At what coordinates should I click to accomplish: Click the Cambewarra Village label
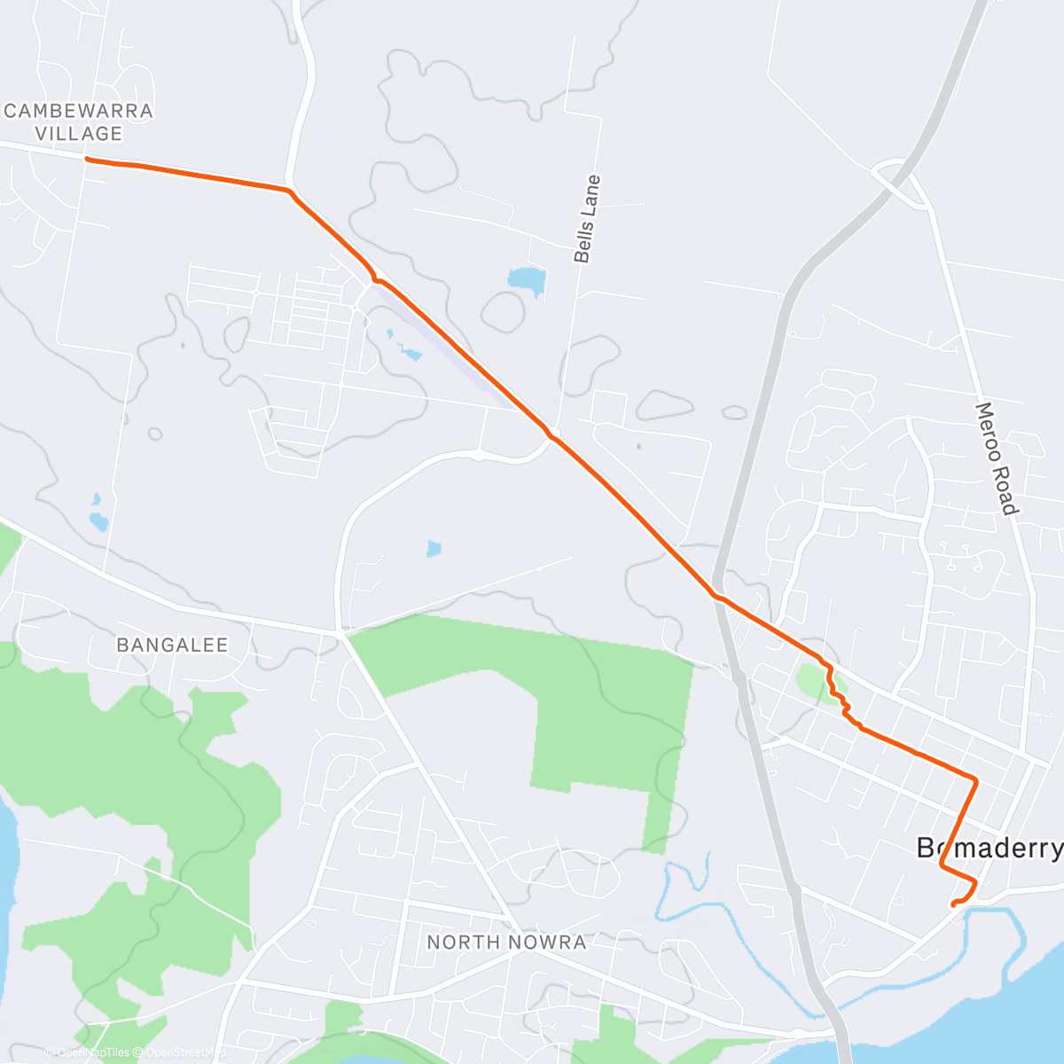point(79,122)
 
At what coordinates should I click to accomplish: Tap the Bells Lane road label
point(587,219)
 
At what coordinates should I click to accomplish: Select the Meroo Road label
point(996,458)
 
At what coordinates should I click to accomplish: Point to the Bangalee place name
point(172,645)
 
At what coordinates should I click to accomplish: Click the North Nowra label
point(506,942)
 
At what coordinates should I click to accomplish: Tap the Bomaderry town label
point(989,849)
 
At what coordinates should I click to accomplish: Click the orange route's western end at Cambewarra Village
point(86,160)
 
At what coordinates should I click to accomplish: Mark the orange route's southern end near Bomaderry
point(953,904)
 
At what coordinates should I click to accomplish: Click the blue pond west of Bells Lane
point(526,279)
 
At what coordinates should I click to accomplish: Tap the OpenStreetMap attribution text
point(182,1052)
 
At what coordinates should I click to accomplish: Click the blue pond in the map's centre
point(434,549)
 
